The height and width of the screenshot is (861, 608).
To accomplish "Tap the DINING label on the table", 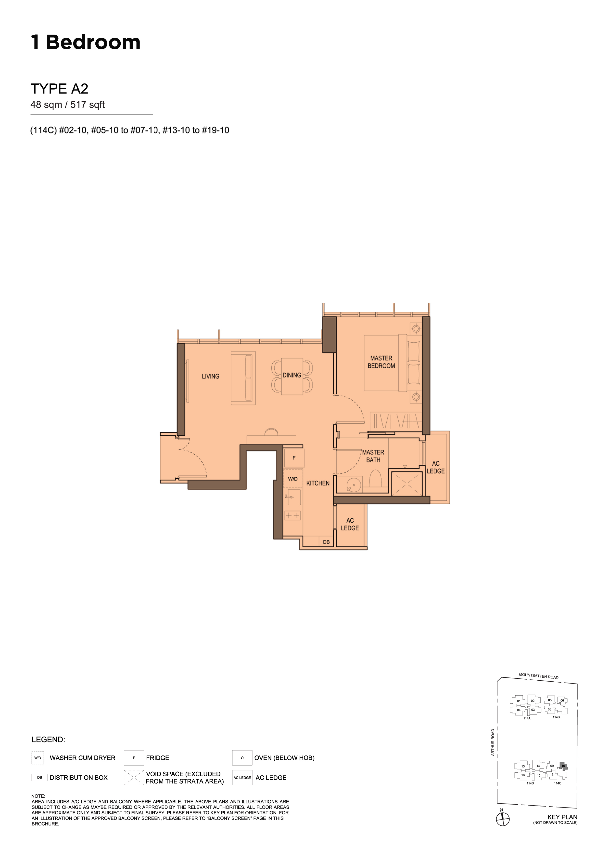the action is [292, 375].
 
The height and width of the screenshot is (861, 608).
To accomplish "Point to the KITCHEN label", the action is [318, 483].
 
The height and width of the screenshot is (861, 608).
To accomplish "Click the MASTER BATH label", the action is [373, 456].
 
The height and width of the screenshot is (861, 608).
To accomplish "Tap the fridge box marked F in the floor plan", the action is [294, 458].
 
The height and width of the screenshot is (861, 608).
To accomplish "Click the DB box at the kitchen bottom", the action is [326, 542].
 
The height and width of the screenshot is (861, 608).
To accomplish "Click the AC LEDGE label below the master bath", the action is [350, 524].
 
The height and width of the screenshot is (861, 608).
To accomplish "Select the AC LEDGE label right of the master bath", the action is [436, 467].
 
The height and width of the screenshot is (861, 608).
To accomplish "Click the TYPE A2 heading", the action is [59, 89].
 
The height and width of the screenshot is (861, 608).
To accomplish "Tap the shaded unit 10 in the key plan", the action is [563, 766].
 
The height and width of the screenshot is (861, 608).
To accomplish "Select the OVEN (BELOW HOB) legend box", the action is [242, 758].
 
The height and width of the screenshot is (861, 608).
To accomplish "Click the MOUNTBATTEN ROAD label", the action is [538, 676].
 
